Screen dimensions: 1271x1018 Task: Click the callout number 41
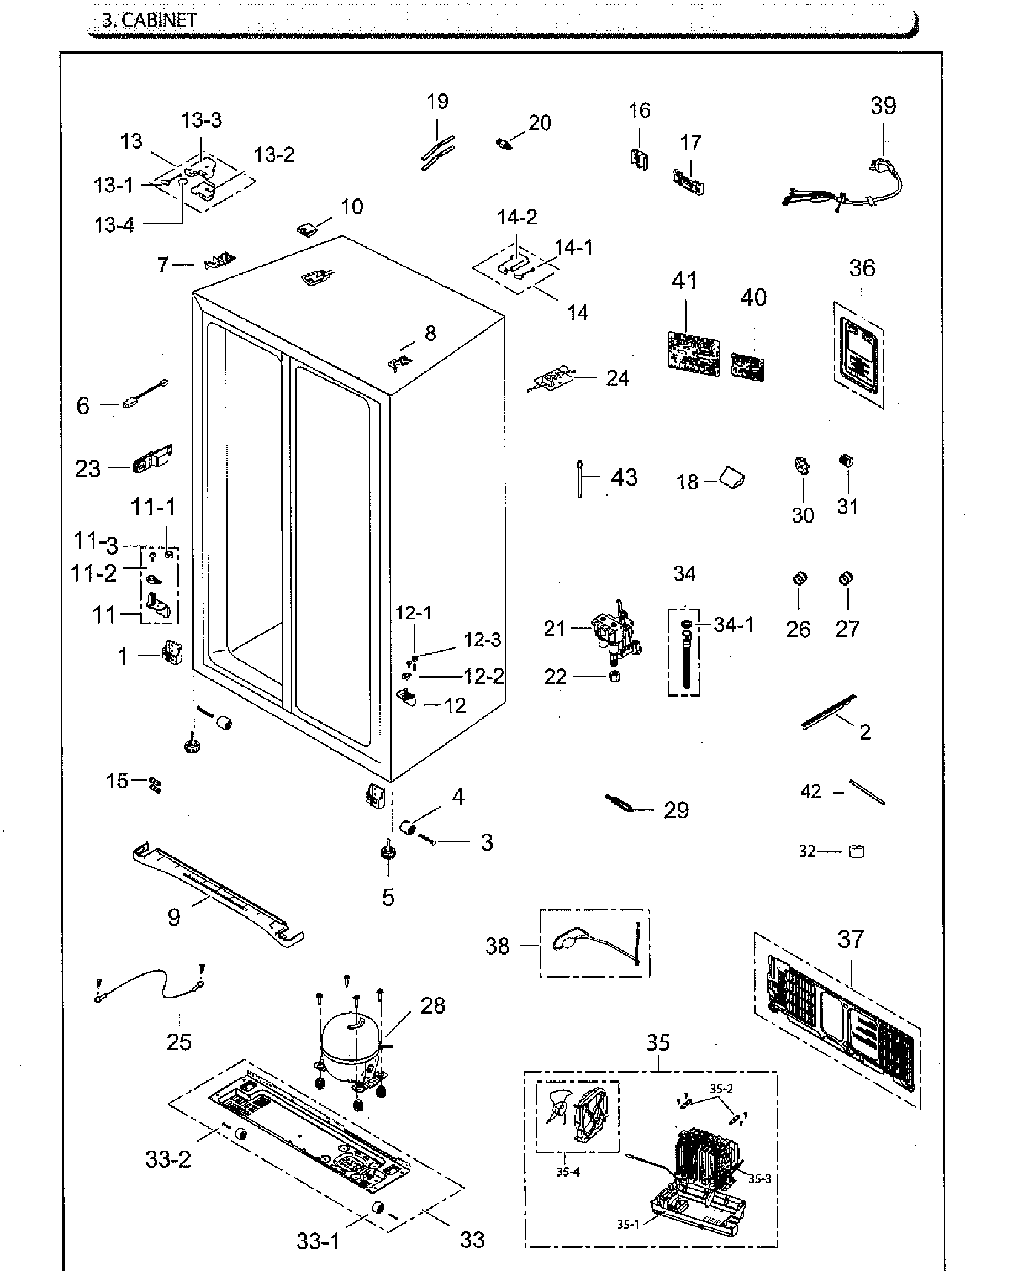tap(685, 282)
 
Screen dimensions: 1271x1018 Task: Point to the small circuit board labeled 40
tap(747, 367)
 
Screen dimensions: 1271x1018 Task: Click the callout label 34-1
tap(734, 625)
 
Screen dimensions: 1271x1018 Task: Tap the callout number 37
tap(851, 938)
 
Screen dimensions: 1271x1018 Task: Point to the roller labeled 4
tap(407, 827)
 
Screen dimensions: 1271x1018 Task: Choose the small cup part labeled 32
tap(857, 852)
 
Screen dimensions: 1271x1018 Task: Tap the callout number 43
tap(624, 478)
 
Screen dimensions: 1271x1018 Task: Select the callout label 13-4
tap(114, 226)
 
